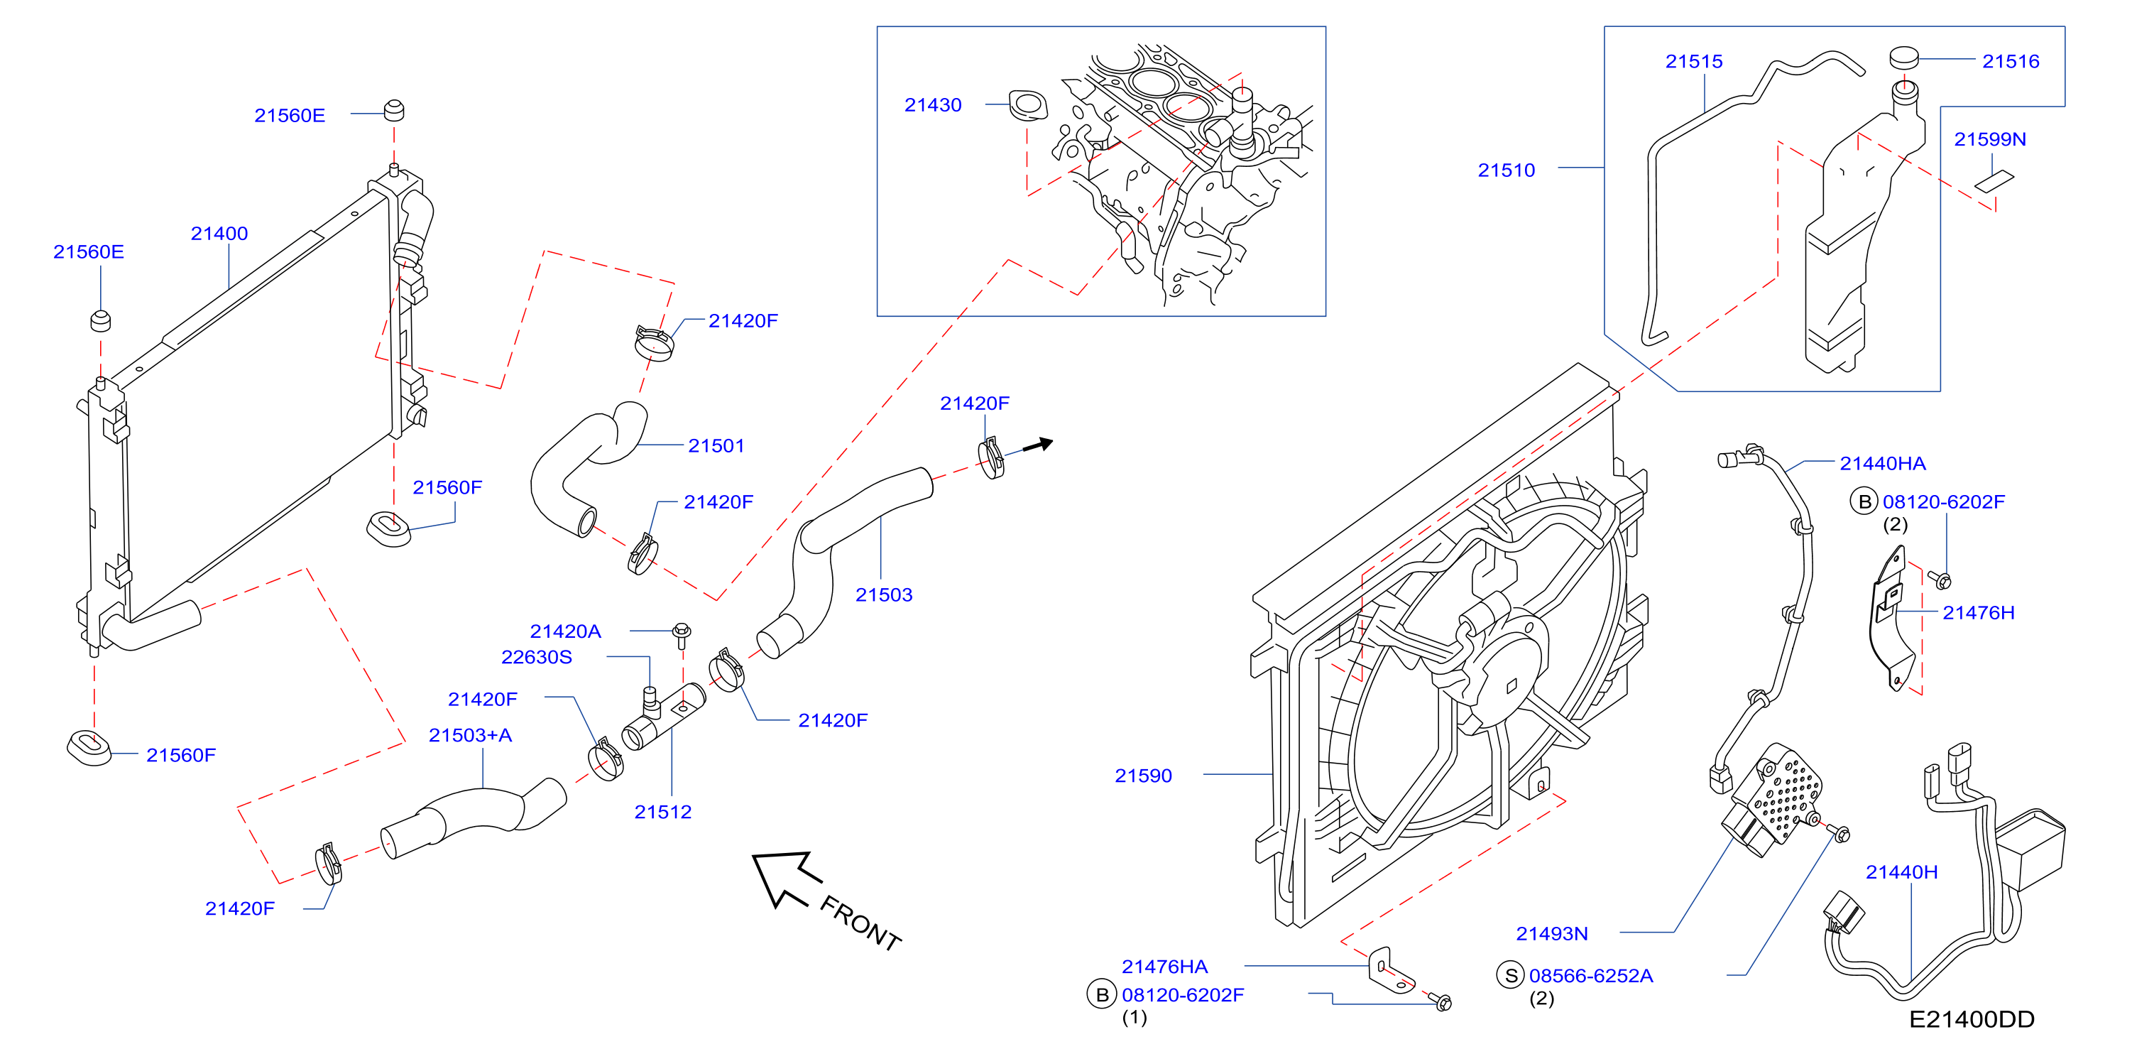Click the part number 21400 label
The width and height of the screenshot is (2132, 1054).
[x=219, y=234]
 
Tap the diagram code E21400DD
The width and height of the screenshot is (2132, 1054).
[x=1972, y=1019]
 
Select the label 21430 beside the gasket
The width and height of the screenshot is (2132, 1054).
[x=933, y=105]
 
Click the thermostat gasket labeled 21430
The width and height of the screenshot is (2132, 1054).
[x=1028, y=105]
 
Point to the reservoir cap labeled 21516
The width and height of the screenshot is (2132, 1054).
[x=1903, y=58]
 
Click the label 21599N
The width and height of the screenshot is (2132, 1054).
[x=1989, y=139]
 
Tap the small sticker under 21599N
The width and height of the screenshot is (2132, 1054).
[x=1994, y=181]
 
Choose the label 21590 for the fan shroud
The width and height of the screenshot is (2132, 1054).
[x=1143, y=776]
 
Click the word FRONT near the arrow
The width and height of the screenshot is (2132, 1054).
[x=860, y=923]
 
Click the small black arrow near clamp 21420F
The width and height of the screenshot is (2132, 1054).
[x=1038, y=445]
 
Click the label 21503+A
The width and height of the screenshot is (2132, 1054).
[x=470, y=735]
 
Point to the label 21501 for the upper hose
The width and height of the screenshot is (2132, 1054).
[x=717, y=446]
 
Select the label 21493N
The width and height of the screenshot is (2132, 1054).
[x=1552, y=934]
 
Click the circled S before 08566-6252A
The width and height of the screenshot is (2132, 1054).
[x=1511, y=975]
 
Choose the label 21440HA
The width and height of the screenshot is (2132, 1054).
[x=1883, y=464]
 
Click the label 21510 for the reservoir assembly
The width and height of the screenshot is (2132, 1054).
[x=1507, y=170]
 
